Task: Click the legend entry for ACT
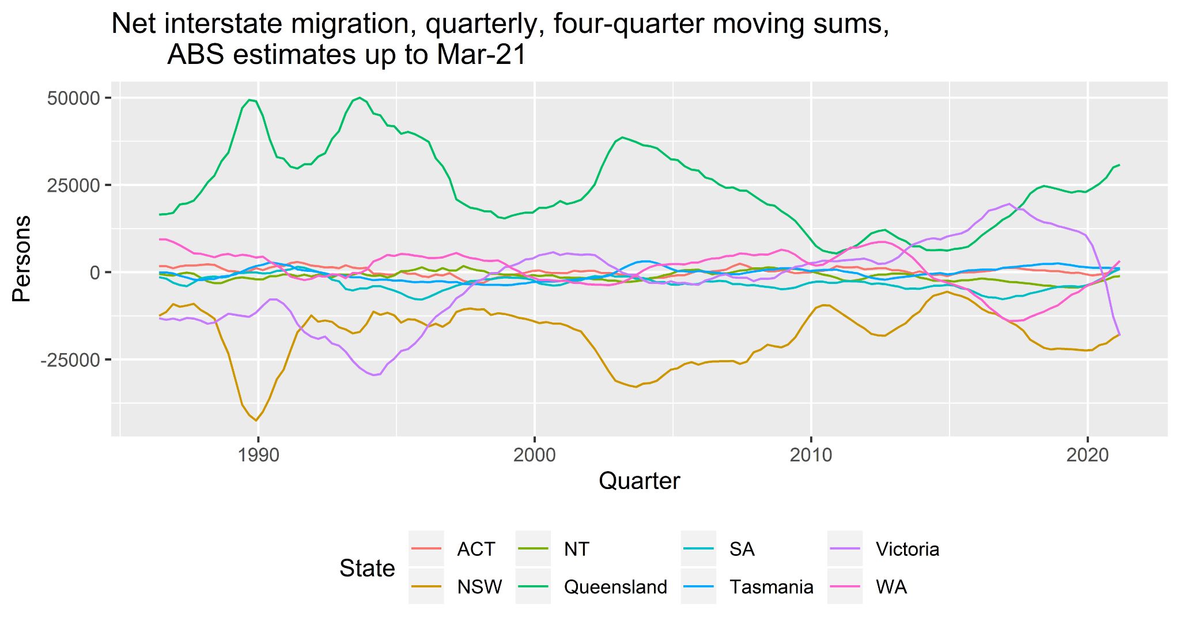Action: [476, 549]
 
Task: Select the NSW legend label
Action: [479, 587]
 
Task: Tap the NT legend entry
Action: [576, 549]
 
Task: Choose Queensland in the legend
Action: [615, 587]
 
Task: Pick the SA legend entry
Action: [742, 549]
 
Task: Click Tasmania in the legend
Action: [771, 587]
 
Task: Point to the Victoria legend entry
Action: [907, 549]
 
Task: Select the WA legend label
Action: [891, 587]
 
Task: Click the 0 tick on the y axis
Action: [95, 272]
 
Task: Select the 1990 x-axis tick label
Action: [258, 455]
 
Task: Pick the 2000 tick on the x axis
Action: [535, 455]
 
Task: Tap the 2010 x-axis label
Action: [811, 455]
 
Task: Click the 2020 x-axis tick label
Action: [1087, 455]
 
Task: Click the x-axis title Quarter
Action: [640, 480]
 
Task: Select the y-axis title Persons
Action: [22, 259]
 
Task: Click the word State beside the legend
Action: [367, 569]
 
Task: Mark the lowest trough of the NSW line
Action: [256, 420]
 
